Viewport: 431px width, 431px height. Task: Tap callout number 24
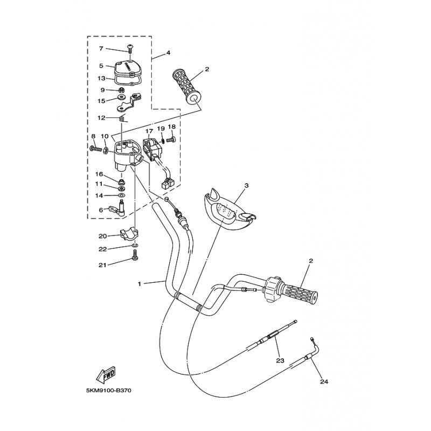pos(324,382)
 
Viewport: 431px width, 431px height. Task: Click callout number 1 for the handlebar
pos(140,283)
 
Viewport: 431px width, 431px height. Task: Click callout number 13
pos(101,78)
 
